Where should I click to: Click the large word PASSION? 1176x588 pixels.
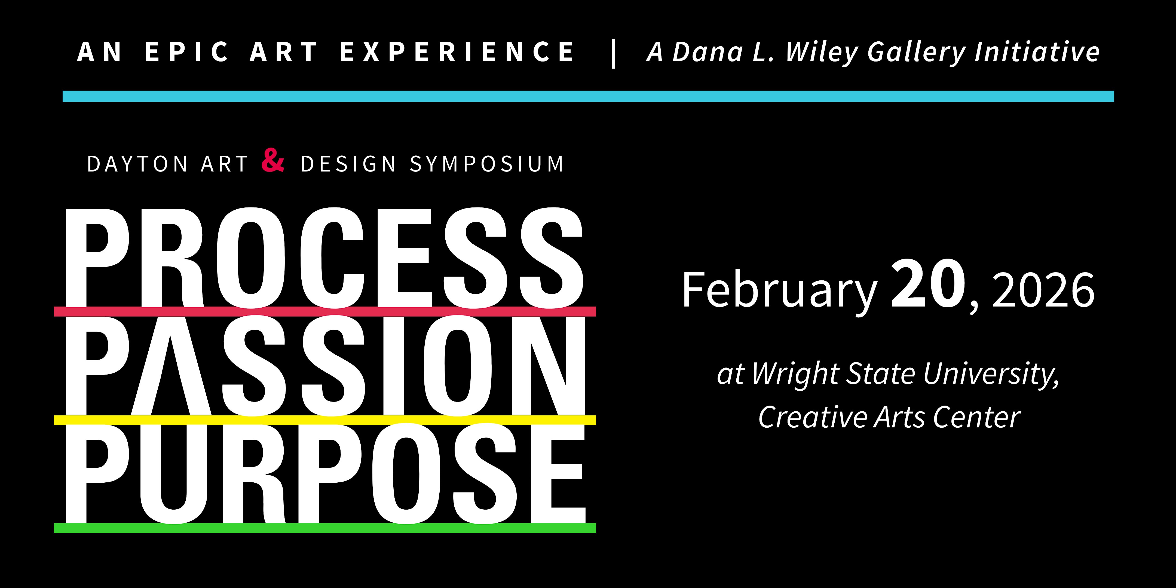coord(326,365)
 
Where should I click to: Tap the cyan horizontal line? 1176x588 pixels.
coord(588,96)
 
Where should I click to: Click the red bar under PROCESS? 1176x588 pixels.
coord(325,311)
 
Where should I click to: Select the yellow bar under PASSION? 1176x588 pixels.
coord(325,420)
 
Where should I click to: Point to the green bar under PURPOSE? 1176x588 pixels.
coord(325,528)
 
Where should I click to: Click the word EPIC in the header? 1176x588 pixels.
coord(187,52)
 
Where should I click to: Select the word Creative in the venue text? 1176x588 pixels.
coord(813,417)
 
